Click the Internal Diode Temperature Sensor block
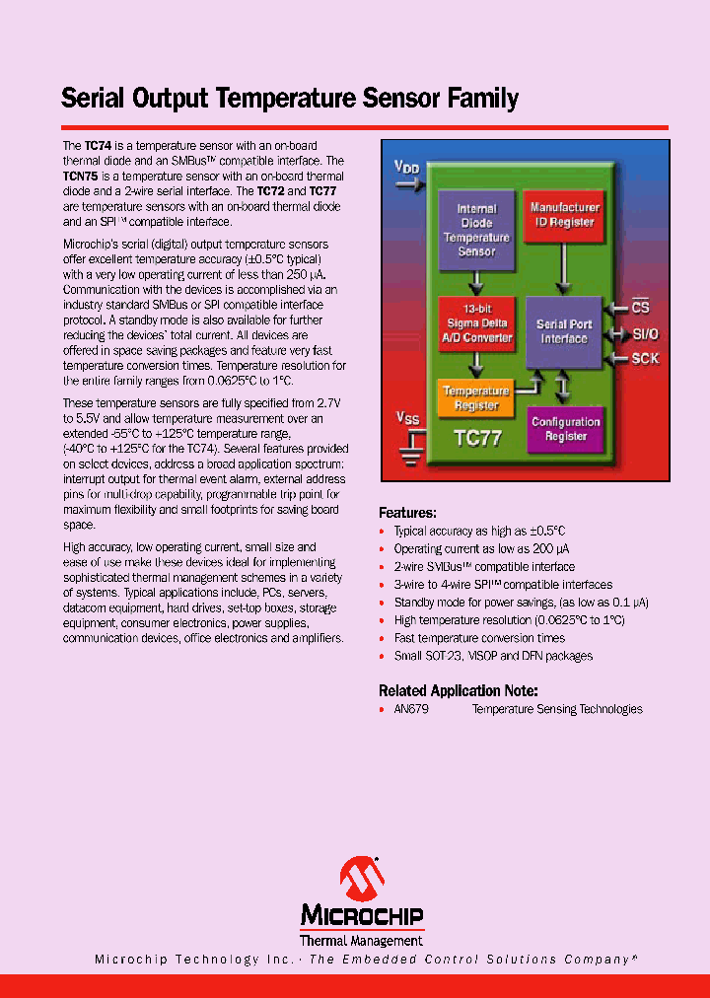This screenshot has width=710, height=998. click(x=476, y=230)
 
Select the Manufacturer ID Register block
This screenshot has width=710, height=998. click(x=564, y=215)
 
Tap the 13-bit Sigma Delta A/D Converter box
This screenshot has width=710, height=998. click(x=476, y=322)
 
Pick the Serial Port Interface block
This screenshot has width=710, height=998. click(x=563, y=331)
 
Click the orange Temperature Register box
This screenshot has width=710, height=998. click(x=476, y=398)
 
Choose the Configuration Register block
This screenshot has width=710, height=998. click(x=565, y=429)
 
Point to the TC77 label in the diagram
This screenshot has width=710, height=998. click(x=478, y=437)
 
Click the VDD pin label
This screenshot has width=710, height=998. click(x=406, y=169)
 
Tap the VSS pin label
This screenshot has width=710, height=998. click(x=407, y=418)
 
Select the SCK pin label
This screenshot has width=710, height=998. click(x=646, y=359)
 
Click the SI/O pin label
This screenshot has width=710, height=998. click(x=646, y=334)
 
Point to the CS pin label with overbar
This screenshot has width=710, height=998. click(x=641, y=310)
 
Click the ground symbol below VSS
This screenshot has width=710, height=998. click(x=408, y=452)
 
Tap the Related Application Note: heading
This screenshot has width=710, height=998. click(x=458, y=690)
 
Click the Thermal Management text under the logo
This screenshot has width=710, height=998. click(x=361, y=940)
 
